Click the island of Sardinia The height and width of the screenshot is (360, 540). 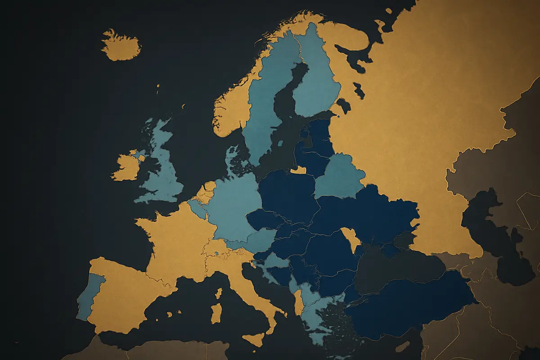click(216, 313)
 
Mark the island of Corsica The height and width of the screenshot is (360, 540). click(219, 293)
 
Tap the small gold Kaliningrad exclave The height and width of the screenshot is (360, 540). click(298, 170)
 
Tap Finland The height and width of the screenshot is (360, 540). click(315, 76)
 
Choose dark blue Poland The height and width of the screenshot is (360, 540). click(288, 193)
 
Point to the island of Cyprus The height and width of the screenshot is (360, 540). click(402, 346)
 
